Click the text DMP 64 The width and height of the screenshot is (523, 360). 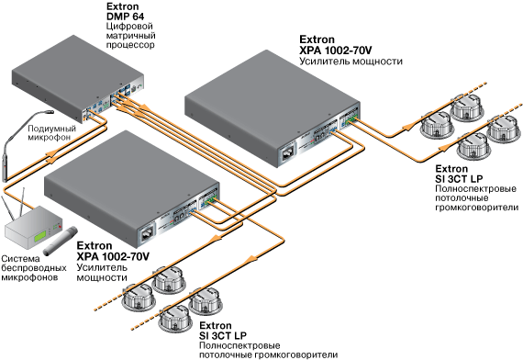125,16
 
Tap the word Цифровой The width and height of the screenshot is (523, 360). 129,26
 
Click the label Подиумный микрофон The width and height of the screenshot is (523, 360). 51,133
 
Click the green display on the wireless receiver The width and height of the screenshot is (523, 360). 40,236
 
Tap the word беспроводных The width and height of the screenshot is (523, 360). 34,268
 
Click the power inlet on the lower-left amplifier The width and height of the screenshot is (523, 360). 148,232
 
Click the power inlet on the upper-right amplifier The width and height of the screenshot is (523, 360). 288,152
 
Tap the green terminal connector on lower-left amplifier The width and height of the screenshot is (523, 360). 209,199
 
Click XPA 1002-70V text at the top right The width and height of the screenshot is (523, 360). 336,51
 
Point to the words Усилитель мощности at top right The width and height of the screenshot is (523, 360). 351,62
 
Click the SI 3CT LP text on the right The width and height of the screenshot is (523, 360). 459,179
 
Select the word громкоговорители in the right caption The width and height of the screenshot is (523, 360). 476,208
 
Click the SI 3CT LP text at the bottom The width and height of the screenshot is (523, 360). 223,335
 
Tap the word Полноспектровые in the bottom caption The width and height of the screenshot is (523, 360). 239,345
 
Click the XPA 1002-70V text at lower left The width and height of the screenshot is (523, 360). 113,257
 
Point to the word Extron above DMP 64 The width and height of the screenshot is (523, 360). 122,6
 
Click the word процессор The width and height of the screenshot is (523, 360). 130,45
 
